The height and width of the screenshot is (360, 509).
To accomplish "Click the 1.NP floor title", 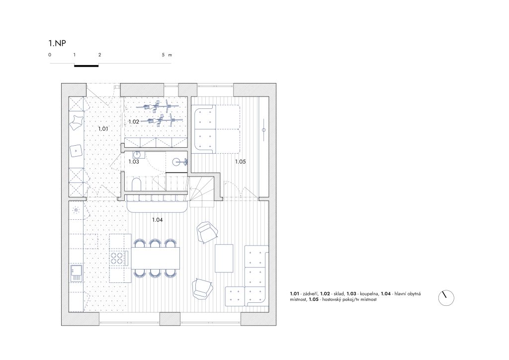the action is coord(57,43).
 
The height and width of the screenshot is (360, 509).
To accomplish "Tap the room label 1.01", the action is coord(103,129).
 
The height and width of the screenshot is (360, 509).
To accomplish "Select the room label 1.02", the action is coord(134,122).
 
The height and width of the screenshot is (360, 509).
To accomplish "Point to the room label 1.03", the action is coord(134,161).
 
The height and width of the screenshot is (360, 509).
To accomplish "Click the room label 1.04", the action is coord(158,220).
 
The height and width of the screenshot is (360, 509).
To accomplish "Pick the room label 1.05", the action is coord(241,161).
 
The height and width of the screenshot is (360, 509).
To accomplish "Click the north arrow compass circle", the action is coord(446,298).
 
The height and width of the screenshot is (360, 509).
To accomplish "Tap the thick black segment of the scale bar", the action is coord(86,66).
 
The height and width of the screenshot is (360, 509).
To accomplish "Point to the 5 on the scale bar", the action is coord(163,55).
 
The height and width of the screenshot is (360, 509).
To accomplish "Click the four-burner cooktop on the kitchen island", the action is coord(117,258).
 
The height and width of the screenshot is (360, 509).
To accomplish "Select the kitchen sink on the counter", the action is coord(77,273).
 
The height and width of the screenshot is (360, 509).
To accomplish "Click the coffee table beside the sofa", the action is coord(224,259).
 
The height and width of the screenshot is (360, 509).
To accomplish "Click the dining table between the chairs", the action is coord(156,258).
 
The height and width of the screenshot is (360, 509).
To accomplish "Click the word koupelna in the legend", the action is coord(368,294).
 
